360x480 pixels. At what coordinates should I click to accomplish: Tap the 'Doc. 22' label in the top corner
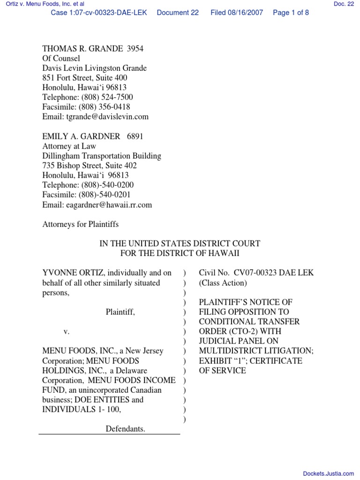(344, 4)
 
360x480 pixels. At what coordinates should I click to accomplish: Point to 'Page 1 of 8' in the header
(291, 13)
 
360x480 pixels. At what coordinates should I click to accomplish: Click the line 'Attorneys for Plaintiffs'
(81, 224)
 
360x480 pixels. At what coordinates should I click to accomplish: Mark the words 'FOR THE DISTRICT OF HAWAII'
(180, 253)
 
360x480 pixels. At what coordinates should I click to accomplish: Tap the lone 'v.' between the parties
(67, 331)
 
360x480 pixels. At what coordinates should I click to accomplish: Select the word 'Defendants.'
(125, 428)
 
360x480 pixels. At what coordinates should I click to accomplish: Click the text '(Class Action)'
(222, 283)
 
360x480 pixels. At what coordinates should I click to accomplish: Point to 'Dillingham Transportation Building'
(102, 156)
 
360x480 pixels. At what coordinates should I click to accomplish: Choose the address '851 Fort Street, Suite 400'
(85, 78)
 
